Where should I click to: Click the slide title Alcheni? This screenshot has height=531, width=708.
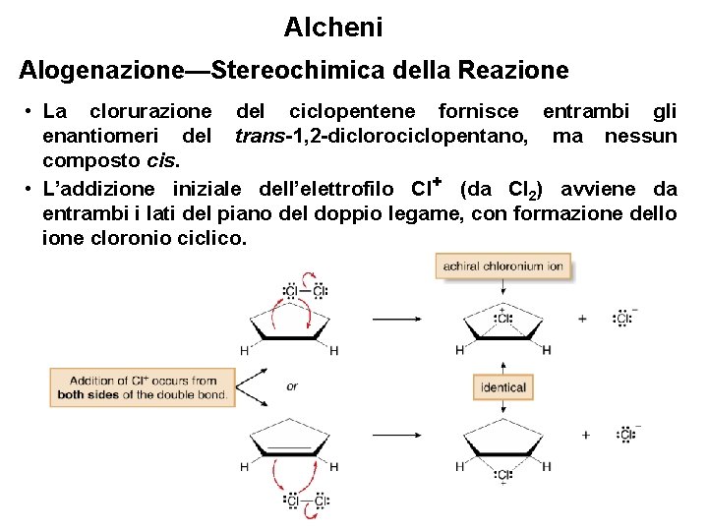point(332,28)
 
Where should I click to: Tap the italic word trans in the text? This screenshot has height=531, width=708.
point(259,136)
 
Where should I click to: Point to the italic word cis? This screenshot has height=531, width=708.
point(161,160)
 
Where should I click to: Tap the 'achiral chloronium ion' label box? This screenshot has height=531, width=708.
point(502,265)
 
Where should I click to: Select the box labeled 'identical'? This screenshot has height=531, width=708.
point(502,387)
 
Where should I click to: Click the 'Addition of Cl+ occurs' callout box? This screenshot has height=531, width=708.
point(142,387)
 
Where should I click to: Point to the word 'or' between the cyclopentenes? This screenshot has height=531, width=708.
point(292,386)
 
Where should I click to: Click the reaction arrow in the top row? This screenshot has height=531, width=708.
point(398,318)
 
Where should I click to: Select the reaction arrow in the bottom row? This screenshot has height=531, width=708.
point(398,434)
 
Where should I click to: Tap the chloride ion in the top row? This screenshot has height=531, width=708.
point(623,318)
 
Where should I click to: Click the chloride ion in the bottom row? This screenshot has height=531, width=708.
point(624,434)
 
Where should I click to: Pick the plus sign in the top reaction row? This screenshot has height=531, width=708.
point(583,318)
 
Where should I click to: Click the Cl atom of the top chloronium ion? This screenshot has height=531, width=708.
point(503,318)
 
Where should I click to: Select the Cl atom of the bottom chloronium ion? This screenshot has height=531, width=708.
point(503,476)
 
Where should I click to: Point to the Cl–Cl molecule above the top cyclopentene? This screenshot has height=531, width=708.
point(305,291)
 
